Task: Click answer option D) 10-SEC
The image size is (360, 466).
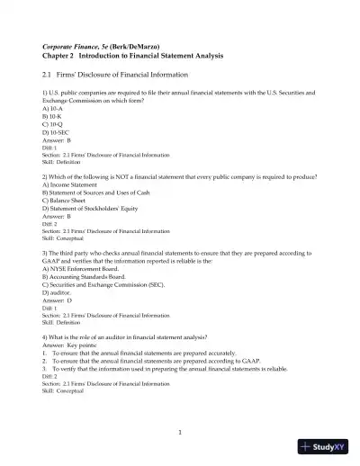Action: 56,130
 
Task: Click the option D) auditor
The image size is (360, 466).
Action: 57,290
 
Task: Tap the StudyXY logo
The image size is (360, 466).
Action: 328,445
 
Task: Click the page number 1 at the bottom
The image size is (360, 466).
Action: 180,433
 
